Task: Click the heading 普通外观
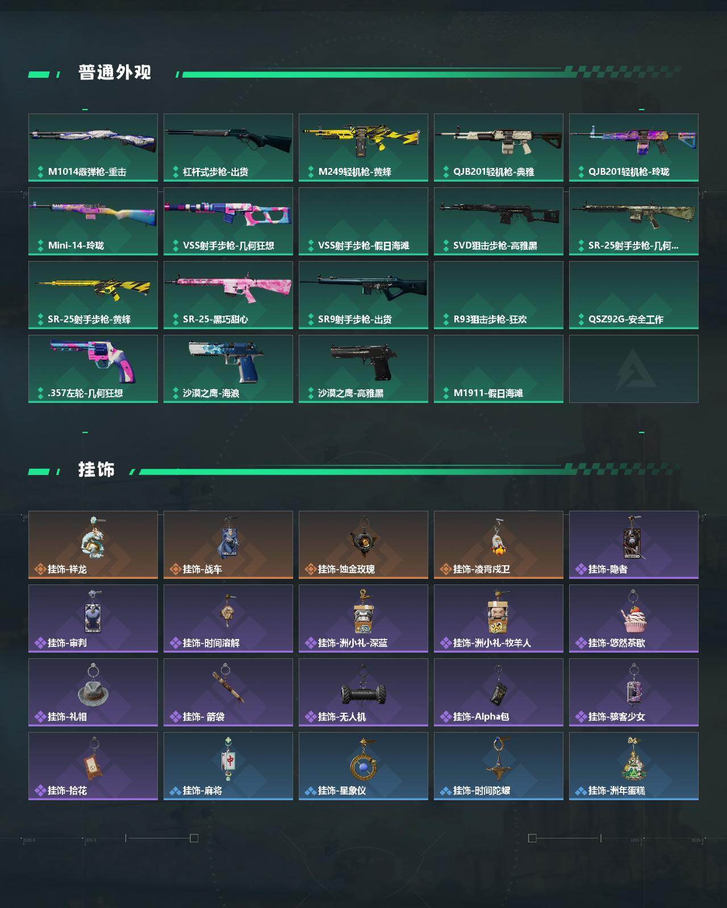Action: pos(115,73)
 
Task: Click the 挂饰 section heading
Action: pos(97,470)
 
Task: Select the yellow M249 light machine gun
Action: pos(361,138)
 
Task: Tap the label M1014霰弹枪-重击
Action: pos(87,172)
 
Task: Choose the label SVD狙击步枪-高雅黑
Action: pos(495,246)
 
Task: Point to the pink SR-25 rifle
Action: pos(228,288)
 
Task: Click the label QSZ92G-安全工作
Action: pos(625,320)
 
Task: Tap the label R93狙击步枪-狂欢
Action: pos(490,320)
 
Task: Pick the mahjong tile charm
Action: pos(228,759)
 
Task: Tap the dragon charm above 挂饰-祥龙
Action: pos(93,537)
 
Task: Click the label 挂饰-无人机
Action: pos(342,717)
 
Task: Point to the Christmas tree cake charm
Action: pos(633,759)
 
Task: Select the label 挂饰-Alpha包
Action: pos(481,717)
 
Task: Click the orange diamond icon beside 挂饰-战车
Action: pos(176,569)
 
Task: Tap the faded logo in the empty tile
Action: pos(635,369)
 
